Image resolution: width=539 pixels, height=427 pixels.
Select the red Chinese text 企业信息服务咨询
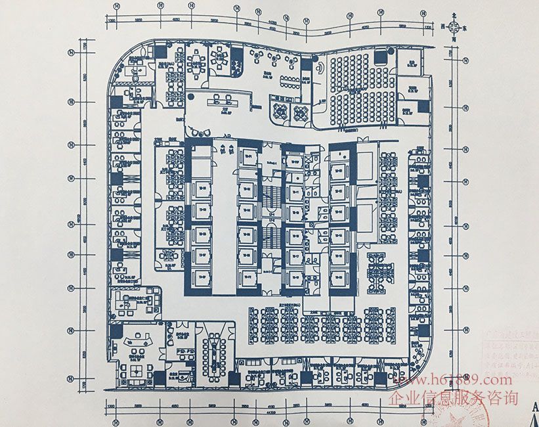454,398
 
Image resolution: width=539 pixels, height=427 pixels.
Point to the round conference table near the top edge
196,61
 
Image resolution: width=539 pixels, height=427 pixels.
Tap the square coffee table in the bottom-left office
139,371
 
